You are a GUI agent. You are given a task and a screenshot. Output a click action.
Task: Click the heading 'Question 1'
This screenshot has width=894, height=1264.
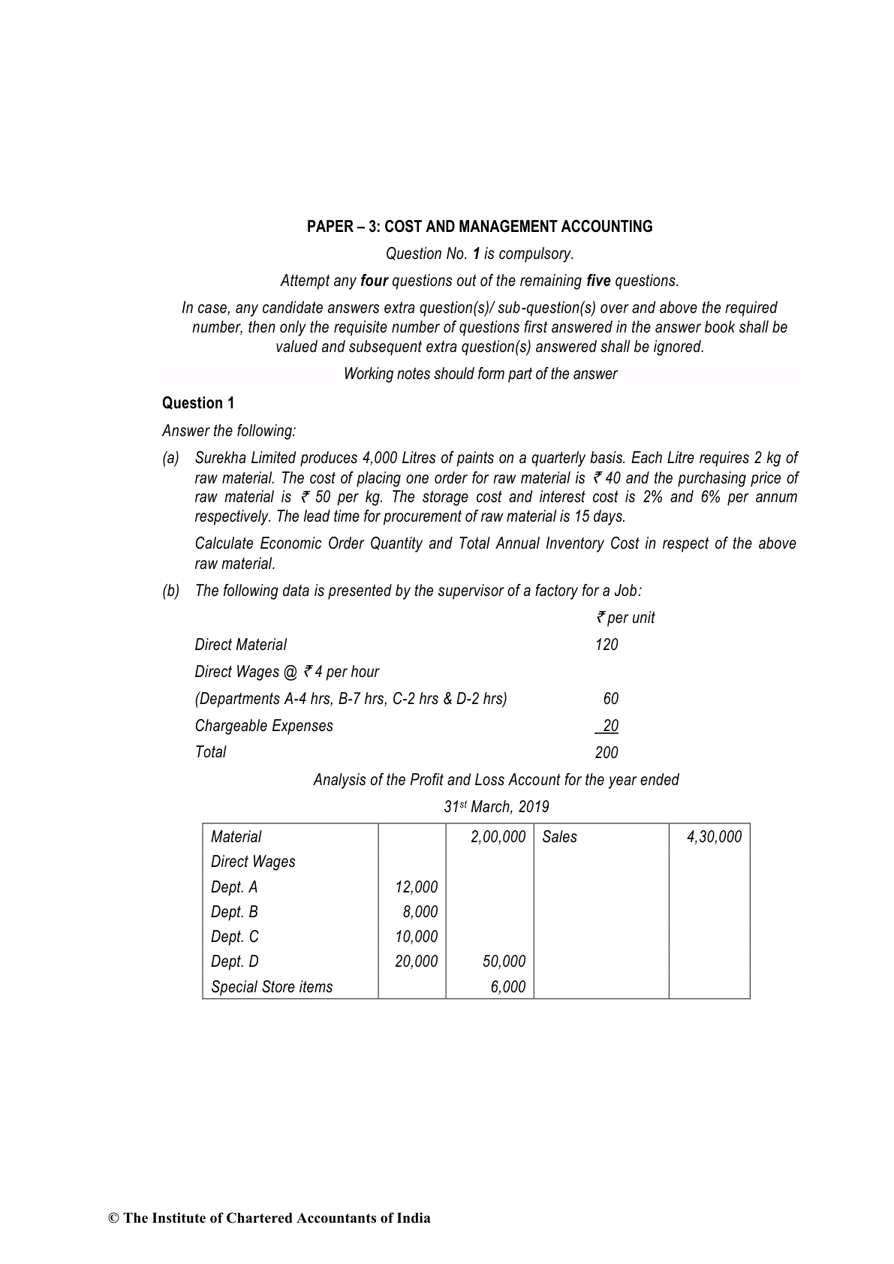coord(198,403)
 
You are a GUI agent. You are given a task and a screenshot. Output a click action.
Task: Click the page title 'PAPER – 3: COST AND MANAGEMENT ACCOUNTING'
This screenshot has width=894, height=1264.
coord(480,227)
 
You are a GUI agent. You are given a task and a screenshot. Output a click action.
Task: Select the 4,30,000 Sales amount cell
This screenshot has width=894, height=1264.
coord(714,837)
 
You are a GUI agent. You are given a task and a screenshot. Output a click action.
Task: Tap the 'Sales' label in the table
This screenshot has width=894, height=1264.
coord(559,837)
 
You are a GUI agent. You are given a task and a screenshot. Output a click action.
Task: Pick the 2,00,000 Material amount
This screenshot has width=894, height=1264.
coord(498,837)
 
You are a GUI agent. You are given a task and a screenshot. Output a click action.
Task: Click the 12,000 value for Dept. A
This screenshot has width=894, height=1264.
coord(416,887)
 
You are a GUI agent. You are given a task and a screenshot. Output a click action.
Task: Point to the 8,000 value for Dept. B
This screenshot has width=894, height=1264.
coord(420,912)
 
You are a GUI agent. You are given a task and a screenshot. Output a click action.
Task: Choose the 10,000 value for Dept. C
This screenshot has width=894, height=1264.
coord(416,937)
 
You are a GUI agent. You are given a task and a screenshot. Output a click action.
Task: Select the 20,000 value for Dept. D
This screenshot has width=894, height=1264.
coord(416,962)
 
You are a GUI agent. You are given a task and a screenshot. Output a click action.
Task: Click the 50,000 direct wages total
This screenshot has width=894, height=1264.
coord(504,962)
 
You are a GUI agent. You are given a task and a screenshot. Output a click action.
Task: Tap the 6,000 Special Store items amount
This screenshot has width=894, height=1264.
coord(508,987)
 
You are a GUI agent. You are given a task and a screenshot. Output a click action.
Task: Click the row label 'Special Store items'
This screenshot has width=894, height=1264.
coord(272,987)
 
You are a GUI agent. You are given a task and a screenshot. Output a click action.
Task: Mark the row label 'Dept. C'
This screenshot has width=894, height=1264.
coord(235,937)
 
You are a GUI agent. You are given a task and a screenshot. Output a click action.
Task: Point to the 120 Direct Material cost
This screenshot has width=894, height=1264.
coord(607,645)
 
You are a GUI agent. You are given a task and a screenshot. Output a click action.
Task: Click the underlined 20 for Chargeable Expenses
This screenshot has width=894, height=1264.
coord(610,726)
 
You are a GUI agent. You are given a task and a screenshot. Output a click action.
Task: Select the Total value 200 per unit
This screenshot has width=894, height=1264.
coord(607,753)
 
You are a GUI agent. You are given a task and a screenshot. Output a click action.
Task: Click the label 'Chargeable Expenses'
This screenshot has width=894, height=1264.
coord(263,726)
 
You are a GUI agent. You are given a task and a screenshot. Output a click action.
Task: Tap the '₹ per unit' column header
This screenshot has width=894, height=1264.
coord(625,618)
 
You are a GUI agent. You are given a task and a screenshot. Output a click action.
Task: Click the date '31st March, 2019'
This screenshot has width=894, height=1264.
coord(496,807)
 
